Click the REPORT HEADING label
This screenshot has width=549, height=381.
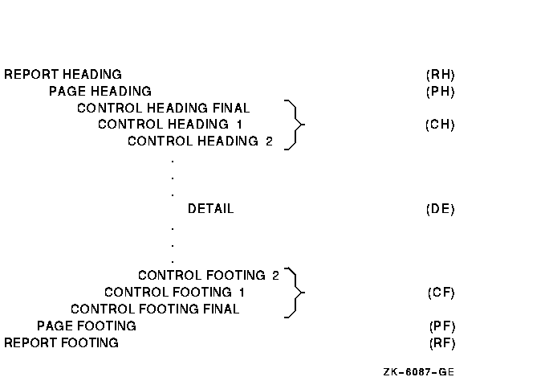click(x=63, y=75)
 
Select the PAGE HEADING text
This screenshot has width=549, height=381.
click(x=100, y=92)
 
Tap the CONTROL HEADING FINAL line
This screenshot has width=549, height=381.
click(x=163, y=109)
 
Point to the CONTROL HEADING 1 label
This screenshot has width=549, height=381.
click(x=169, y=125)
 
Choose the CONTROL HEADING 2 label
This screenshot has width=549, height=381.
click(x=200, y=142)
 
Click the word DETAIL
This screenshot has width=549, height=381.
click(x=210, y=209)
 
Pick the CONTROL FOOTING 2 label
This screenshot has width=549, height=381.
click(x=208, y=276)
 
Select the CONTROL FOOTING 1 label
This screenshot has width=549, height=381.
click(x=174, y=293)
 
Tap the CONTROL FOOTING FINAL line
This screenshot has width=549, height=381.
click(x=154, y=309)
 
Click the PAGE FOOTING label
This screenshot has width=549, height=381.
click(x=86, y=326)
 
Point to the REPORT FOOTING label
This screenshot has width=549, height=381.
click(x=61, y=343)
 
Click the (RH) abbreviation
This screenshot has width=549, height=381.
click(x=441, y=75)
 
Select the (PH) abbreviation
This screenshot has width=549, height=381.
click(x=441, y=92)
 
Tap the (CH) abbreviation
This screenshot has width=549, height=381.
click(x=441, y=125)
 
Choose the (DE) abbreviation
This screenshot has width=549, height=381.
click(x=441, y=209)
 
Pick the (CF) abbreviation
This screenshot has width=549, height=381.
click(x=441, y=293)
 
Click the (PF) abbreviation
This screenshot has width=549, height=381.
click(x=441, y=326)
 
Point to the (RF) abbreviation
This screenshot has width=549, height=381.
click(x=441, y=343)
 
